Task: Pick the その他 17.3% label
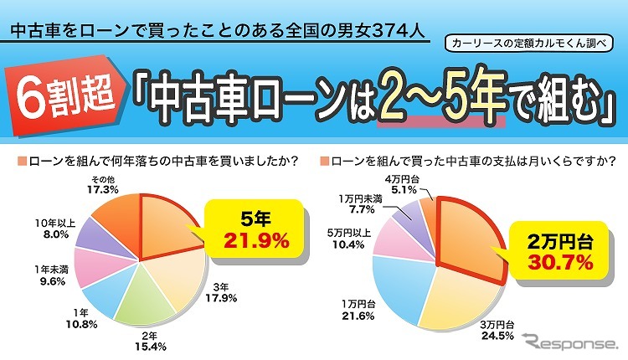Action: point(103,184)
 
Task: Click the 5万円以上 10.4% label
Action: point(350,239)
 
